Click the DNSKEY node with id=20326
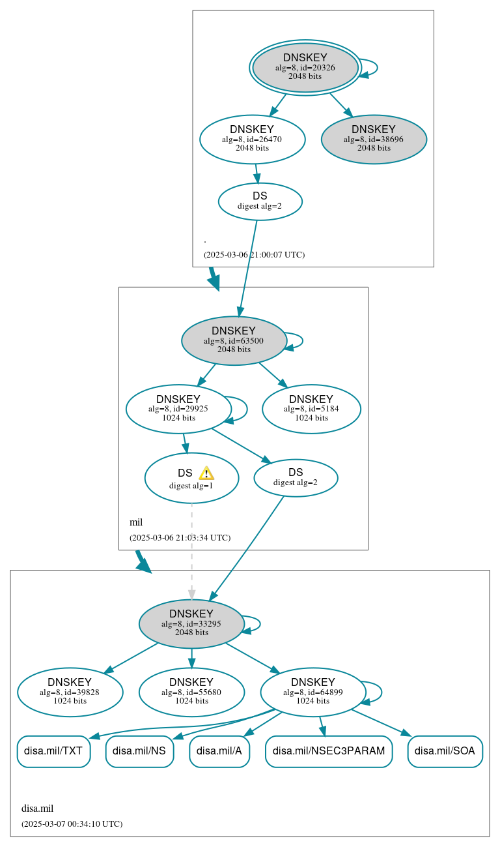pos(305,67)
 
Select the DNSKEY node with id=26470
pos(252,139)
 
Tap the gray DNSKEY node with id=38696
pos(374,139)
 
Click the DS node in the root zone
pos(260,201)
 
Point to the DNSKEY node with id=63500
pos(234,340)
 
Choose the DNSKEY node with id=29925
pos(178,409)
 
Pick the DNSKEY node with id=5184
pos(311,409)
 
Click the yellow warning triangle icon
pos(206,473)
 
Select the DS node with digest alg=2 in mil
pos(296,477)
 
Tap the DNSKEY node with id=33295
pos(191,623)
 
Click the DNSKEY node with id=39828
pos(70,692)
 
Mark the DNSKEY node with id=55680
pos(191,692)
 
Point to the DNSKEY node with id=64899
pos(312,692)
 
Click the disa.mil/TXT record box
pos(53,751)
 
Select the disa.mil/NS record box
pos(139,751)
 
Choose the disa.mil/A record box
pos(219,751)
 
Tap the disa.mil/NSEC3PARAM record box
pos(329,751)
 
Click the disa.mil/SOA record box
pos(445,751)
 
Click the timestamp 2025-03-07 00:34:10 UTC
pos(72,824)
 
